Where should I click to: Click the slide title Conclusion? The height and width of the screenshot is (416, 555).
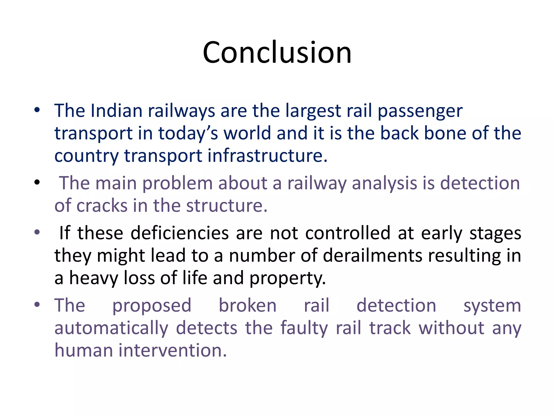[277, 52]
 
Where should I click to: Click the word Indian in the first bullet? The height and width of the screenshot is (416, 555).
[117, 111]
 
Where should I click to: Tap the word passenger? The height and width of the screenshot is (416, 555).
[420, 112]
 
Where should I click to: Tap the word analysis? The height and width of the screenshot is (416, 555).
[384, 183]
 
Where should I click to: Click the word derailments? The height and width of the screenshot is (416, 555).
[373, 256]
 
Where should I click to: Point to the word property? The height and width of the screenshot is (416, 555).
[287, 279]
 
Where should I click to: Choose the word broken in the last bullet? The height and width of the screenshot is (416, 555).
[247, 305]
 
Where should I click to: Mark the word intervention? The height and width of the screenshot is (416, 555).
[172, 350]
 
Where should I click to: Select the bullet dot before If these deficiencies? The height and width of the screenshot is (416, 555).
[37, 232]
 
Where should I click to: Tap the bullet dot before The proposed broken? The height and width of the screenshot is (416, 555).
[37, 304]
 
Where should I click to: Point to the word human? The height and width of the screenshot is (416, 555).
[83, 350]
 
